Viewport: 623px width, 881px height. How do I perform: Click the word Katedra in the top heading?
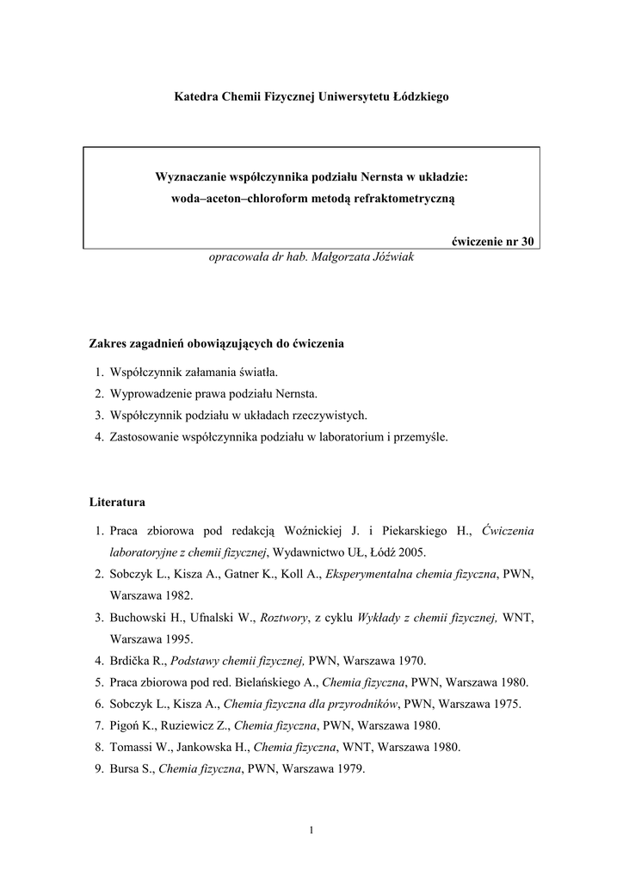(x=194, y=97)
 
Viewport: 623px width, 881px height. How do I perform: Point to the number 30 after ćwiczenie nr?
(x=527, y=241)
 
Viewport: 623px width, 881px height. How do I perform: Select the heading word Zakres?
(x=108, y=343)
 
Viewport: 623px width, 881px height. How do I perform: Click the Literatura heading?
(x=118, y=501)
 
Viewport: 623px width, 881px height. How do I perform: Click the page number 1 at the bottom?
(x=311, y=829)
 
